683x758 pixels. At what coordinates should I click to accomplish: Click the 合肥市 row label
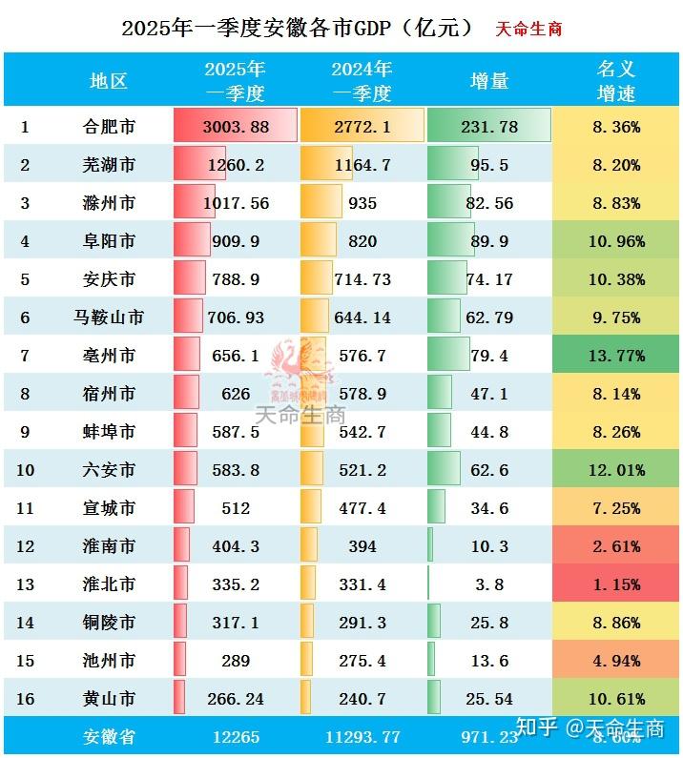108,127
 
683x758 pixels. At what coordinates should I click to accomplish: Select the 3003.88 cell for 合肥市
235,127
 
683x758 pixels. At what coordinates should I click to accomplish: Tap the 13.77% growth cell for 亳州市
616,356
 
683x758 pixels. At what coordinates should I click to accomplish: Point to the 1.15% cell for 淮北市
616,584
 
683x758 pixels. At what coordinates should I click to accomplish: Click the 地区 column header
108,80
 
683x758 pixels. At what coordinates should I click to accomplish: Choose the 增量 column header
489,80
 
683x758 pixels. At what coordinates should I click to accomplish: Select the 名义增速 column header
616,80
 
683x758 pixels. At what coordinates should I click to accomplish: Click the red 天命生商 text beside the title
528,29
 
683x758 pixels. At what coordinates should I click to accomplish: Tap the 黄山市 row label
108,699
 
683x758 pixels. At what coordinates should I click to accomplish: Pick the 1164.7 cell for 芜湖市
361,165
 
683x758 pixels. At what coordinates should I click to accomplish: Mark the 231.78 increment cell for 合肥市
489,127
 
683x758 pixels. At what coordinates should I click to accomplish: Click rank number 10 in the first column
26,470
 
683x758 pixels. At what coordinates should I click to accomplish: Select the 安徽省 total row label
108,736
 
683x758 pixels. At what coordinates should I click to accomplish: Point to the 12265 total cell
235,736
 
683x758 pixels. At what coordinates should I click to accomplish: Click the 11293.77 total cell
361,736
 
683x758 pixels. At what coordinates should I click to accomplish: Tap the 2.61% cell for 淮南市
616,546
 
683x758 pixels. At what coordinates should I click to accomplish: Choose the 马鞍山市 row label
108,318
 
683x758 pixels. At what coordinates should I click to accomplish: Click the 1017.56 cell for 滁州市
235,203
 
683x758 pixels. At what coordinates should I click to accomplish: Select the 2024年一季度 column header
361,80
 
